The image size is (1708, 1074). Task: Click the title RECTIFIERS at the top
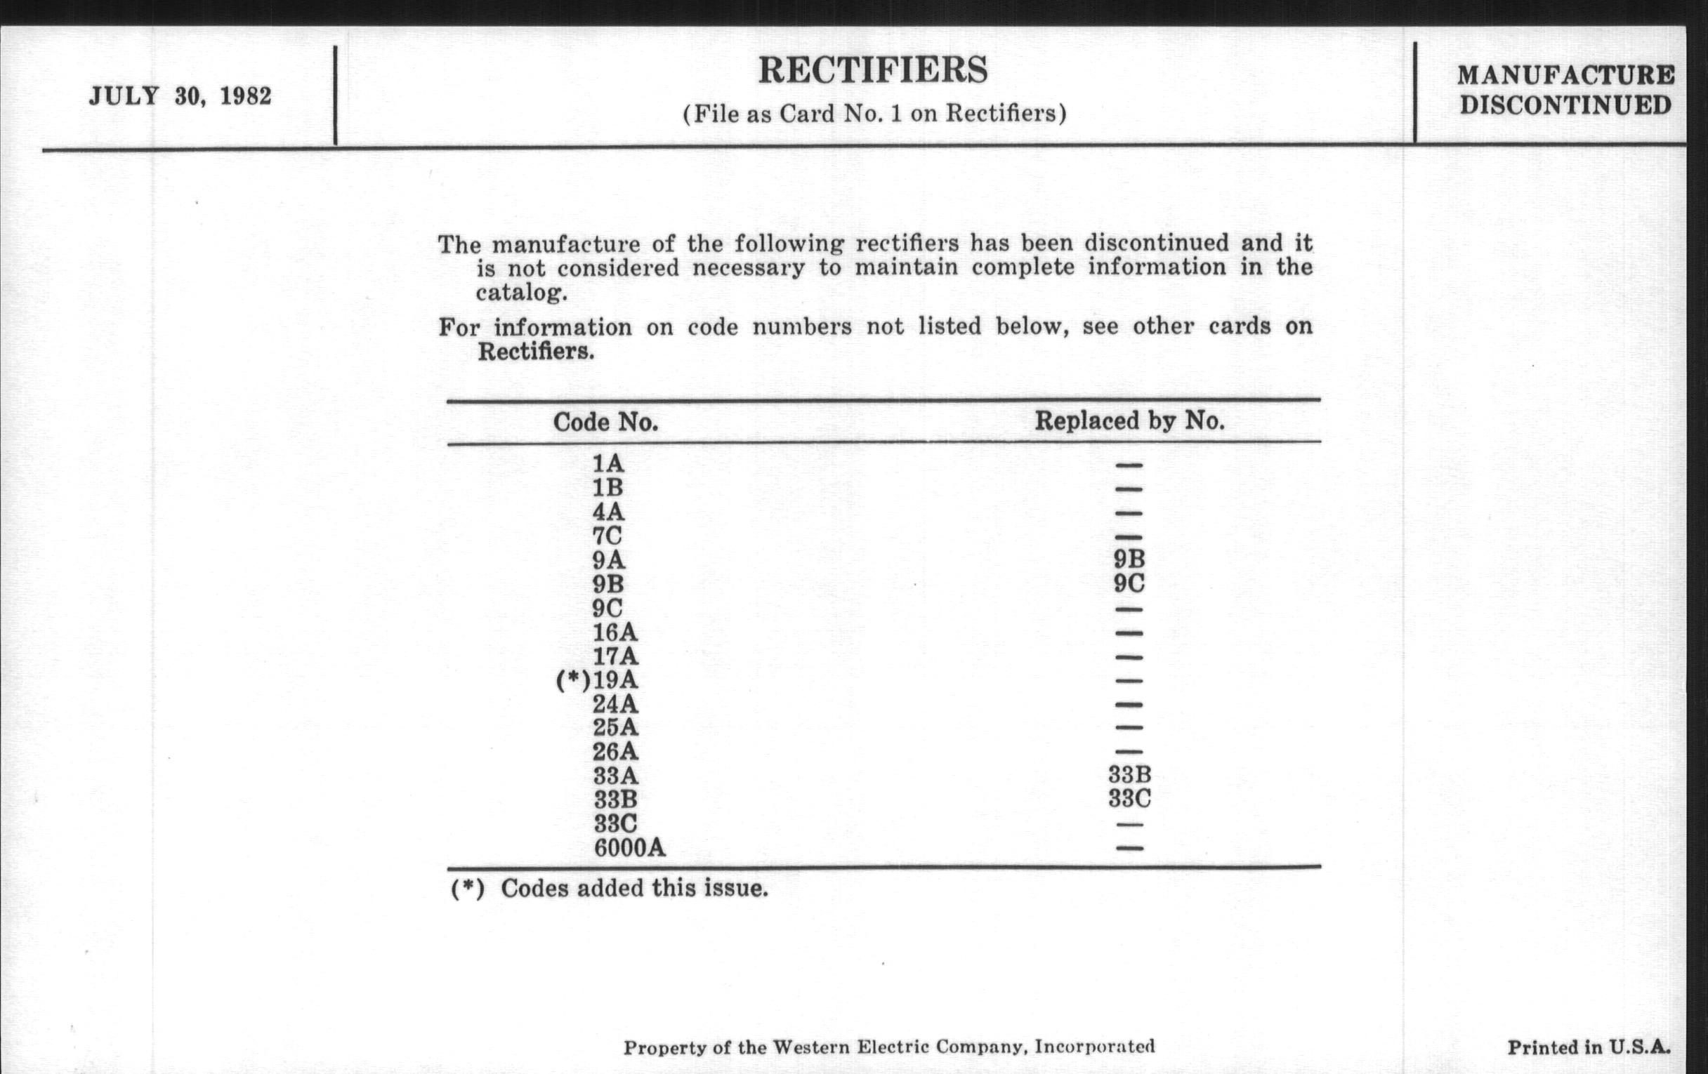click(872, 71)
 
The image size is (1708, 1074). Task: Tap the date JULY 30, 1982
click(180, 96)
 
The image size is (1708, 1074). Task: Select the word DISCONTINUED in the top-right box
click(1565, 106)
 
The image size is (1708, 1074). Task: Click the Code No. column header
click(605, 423)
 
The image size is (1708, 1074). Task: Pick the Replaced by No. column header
click(1129, 421)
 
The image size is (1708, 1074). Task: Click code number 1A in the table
click(608, 463)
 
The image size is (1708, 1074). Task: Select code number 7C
click(607, 536)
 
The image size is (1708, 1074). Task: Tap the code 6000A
click(629, 848)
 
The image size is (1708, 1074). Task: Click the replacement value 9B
click(1129, 559)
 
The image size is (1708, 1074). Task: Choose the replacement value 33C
click(1129, 799)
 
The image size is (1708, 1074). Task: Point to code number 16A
click(615, 632)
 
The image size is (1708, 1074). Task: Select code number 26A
click(615, 751)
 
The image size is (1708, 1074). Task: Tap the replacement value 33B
click(1129, 775)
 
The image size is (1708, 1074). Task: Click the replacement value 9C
click(1129, 583)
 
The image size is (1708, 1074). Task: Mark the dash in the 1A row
click(1129, 466)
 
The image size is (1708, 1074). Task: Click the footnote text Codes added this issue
click(634, 888)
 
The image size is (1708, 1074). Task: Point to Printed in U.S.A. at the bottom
click(1588, 1048)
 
